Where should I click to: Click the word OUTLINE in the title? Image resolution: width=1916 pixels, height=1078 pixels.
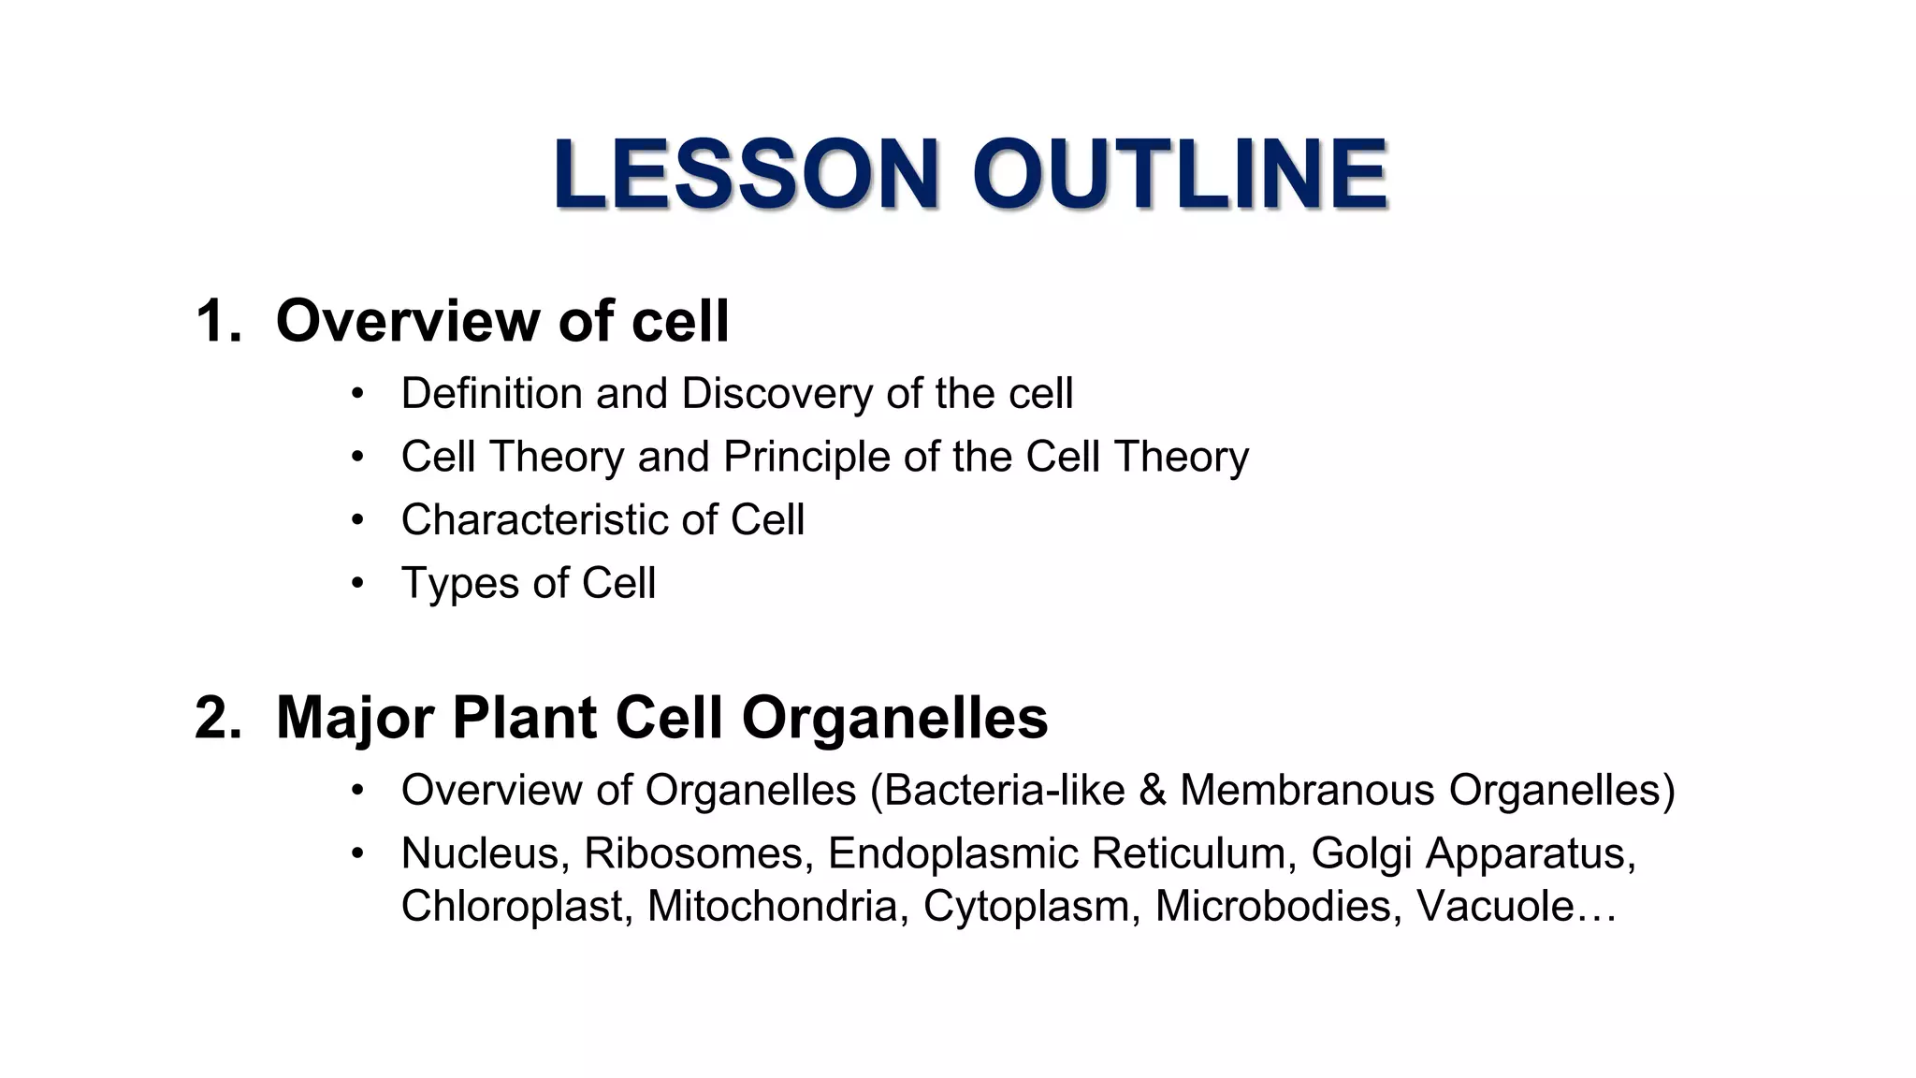[1180, 174]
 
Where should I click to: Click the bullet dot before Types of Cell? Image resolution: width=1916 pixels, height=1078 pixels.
[356, 584]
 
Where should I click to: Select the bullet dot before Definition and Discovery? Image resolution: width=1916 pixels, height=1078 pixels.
[356, 394]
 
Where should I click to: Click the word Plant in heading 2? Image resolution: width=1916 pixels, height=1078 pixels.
[525, 718]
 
